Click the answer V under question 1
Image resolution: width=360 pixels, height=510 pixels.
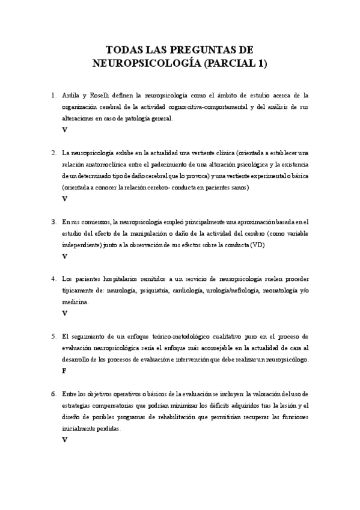pyautogui.click(x=64, y=129)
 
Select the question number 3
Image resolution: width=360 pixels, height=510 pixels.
pyautogui.click(x=53, y=221)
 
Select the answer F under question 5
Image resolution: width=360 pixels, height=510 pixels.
pyautogui.click(x=64, y=370)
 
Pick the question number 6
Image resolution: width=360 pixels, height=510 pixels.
pyautogui.click(x=53, y=393)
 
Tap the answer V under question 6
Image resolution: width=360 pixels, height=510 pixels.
pyautogui.click(x=64, y=439)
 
